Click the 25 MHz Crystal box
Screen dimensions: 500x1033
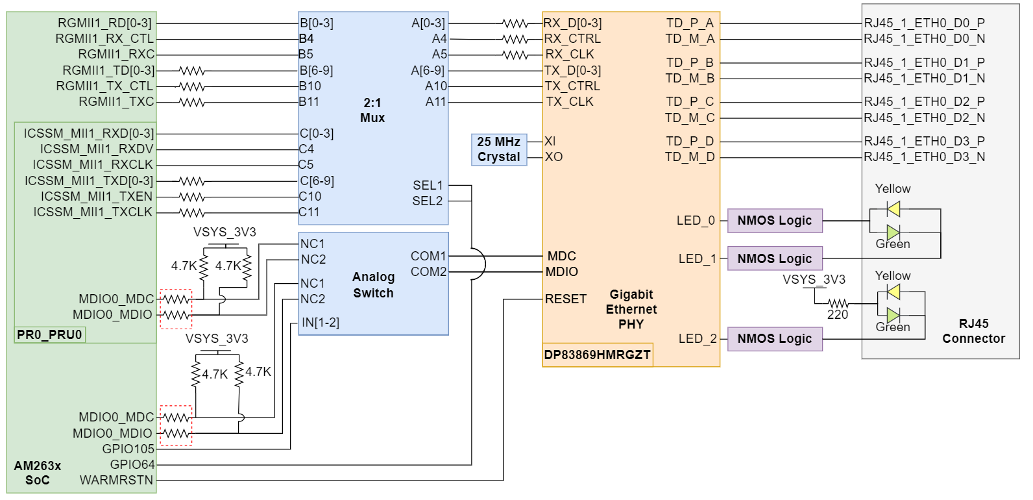498,149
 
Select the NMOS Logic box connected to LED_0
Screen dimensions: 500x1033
775,221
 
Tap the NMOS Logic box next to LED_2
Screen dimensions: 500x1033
775,339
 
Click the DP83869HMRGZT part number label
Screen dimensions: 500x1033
597,355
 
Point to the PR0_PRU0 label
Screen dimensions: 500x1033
49,335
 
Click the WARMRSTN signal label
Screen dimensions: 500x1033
117,481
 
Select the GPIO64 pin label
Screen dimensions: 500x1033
132,465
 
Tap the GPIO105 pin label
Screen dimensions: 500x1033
128,449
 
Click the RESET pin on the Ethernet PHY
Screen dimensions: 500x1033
566,299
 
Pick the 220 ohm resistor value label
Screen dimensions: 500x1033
838,315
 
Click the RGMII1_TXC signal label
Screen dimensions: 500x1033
117,102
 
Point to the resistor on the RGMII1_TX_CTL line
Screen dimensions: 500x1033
192,86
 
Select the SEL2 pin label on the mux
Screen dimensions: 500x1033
427,201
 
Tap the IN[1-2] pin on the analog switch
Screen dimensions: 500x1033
320,323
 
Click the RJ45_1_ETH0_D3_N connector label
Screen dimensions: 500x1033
924,157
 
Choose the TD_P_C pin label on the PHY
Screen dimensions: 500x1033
690,102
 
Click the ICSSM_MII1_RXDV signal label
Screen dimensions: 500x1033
97,149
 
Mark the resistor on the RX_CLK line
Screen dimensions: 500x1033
515,55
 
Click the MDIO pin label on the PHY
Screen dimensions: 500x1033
561,272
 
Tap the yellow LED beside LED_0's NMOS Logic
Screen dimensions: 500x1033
893,209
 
